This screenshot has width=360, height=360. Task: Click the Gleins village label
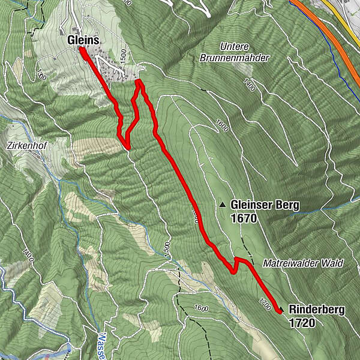tap(83, 39)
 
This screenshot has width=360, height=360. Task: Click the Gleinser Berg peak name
tap(265, 206)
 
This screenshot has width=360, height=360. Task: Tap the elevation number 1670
tap(243, 218)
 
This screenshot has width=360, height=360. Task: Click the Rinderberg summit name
tap(317, 310)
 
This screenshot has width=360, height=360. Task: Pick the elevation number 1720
tap(301, 323)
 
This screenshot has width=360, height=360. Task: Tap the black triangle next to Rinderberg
tap(281, 310)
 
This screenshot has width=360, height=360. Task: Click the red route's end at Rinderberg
tap(280, 311)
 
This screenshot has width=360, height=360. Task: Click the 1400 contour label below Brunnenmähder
tap(250, 85)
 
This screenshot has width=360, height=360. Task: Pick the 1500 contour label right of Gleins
tap(122, 55)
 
